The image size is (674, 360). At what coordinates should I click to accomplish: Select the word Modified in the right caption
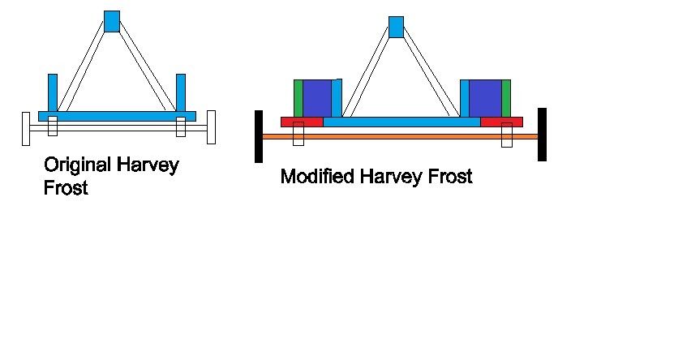[317, 177]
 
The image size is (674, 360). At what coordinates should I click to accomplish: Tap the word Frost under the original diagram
[66, 188]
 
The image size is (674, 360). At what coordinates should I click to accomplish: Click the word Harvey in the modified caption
[391, 177]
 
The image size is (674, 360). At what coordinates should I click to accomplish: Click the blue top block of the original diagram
[112, 21]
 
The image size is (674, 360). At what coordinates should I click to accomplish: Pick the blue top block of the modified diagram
[397, 27]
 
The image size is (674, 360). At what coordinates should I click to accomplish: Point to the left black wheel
[259, 136]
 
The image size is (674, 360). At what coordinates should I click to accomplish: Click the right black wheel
[542, 135]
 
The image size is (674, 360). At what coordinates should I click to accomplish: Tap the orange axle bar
[400, 136]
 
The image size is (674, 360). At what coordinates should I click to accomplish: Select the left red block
[303, 122]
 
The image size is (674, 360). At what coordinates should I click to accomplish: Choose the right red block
[501, 122]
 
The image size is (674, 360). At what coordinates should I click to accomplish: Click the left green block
[298, 98]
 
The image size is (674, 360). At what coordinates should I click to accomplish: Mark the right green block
[506, 98]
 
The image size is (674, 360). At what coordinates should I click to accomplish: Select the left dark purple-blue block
[317, 98]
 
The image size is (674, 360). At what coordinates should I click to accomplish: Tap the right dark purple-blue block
[485, 98]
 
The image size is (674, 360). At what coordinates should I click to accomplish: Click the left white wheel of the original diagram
[26, 129]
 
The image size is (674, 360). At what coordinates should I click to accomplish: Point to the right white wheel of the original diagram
[211, 127]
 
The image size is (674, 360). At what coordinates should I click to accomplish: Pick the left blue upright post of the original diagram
[53, 92]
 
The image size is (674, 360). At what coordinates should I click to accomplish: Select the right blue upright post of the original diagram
[181, 92]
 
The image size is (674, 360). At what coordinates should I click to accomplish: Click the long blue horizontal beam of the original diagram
[118, 117]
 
